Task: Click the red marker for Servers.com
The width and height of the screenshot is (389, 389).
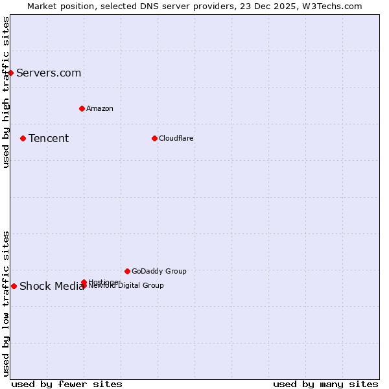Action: click(x=11, y=73)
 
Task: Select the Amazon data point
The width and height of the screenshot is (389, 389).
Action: click(x=82, y=108)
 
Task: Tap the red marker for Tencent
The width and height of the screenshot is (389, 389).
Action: click(x=23, y=138)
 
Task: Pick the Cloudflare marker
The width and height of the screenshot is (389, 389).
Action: click(x=154, y=138)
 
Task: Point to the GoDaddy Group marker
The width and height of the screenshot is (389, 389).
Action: click(x=127, y=271)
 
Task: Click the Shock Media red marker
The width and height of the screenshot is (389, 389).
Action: click(x=14, y=286)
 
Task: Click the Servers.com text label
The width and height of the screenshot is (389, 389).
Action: click(x=49, y=73)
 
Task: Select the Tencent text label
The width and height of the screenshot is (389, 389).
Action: click(x=49, y=138)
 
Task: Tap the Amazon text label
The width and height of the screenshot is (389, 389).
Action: click(x=100, y=108)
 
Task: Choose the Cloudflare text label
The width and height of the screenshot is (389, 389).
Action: click(x=176, y=138)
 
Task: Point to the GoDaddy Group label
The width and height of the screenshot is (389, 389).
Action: click(x=159, y=271)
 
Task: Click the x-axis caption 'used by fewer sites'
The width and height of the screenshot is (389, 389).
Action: click(x=67, y=384)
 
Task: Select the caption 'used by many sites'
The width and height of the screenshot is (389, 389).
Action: click(x=325, y=384)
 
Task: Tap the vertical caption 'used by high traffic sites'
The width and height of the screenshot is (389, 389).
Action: click(x=6, y=92)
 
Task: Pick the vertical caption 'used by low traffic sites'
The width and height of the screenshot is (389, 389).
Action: click(x=6, y=303)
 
